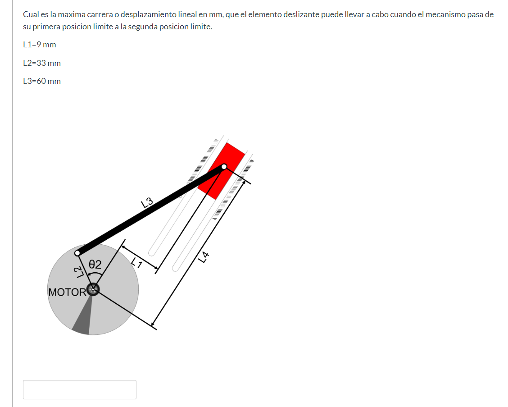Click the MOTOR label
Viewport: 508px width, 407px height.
(x=67, y=292)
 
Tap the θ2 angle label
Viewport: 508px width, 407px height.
(x=95, y=264)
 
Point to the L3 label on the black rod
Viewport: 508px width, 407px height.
(x=147, y=202)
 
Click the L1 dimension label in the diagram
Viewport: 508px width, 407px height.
(x=137, y=263)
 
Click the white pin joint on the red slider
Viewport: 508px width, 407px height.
(x=224, y=167)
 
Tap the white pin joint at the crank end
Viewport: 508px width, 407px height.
(x=77, y=253)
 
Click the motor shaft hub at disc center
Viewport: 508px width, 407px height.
(x=93, y=289)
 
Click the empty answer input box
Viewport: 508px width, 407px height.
(x=80, y=389)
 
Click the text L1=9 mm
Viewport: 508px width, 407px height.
(x=40, y=45)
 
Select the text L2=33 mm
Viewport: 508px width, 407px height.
(x=42, y=63)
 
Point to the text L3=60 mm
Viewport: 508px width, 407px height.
(x=42, y=81)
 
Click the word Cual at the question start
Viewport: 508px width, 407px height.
(x=31, y=14)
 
